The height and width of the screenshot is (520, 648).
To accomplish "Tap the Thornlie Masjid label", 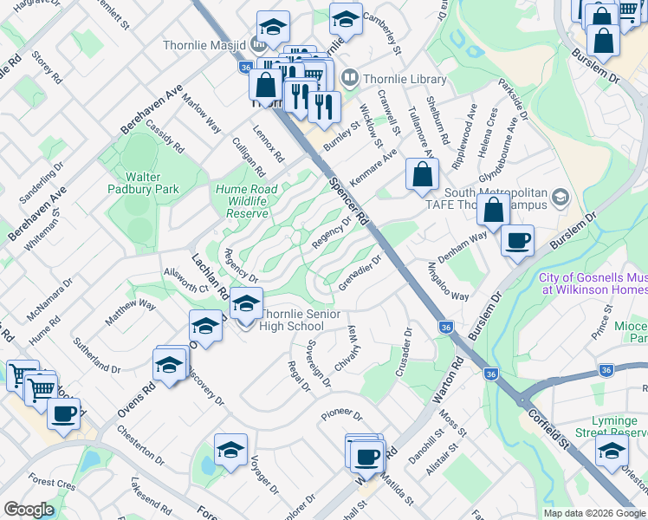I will pyautogui.click(x=204, y=44).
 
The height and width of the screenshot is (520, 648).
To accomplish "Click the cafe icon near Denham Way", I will pyautogui.click(x=518, y=242).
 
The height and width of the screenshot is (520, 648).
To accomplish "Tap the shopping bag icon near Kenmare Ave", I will pyautogui.click(x=421, y=175).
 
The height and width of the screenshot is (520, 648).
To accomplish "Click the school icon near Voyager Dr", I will pyautogui.click(x=230, y=450).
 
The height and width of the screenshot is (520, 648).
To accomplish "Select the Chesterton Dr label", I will pyautogui.click(x=139, y=443).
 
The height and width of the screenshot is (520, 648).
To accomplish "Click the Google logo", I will pyautogui.click(x=29, y=510).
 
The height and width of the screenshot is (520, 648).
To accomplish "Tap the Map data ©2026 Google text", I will pyautogui.click(x=593, y=513).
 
